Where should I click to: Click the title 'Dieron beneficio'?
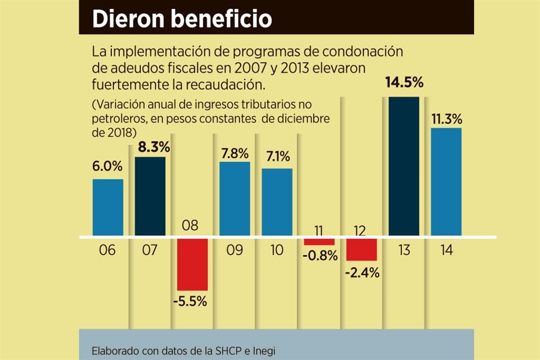coord(182,19)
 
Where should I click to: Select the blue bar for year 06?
coord(108,207)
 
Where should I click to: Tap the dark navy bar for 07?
coord(150,196)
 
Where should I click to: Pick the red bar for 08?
coord(192,264)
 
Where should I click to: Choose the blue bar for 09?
coord(235,199)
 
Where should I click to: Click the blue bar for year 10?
coord(277,202)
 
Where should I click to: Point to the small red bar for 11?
coord(319,242)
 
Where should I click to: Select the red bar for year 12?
coord(361,249)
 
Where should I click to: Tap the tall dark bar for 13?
coord(404,166)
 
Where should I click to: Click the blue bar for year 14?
coord(446,182)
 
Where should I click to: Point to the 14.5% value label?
coord(404,84)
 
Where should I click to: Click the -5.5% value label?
coord(192,301)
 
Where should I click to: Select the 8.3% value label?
coord(150,148)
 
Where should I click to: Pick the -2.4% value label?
coord(362,273)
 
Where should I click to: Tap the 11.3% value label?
coord(446,119)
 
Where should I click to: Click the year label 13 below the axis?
coord(403,250)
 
